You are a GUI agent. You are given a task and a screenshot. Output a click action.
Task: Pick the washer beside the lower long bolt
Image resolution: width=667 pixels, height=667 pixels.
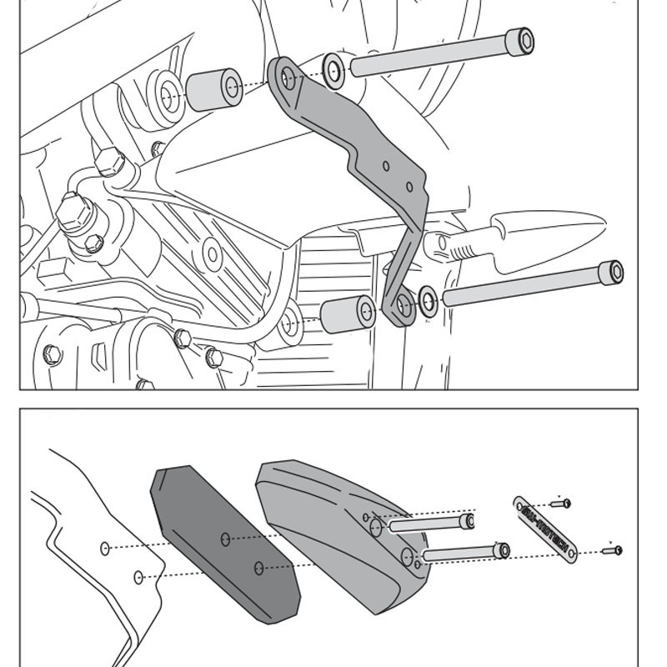(428, 301)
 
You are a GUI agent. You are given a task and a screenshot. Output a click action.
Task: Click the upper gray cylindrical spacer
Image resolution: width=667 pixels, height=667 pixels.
(213, 89)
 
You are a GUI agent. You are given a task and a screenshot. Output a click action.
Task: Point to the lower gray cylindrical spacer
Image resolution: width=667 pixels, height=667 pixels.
(349, 314)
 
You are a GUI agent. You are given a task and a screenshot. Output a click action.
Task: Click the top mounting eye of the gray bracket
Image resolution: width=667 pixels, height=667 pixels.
(288, 78)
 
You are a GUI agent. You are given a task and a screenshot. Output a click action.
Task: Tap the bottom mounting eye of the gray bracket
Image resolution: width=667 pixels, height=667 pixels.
(403, 308)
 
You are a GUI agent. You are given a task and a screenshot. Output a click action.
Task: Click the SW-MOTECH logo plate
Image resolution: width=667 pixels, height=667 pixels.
(544, 529)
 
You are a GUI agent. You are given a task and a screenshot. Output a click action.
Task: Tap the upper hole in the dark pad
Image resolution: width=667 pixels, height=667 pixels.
(225, 539)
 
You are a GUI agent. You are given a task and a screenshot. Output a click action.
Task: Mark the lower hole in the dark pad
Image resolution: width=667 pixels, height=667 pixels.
(258, 568)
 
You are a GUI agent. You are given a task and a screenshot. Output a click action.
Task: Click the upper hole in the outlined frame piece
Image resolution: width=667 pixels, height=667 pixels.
(105, 548)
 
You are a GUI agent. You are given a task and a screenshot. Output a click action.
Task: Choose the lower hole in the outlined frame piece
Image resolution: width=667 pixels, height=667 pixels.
(138, 576)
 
